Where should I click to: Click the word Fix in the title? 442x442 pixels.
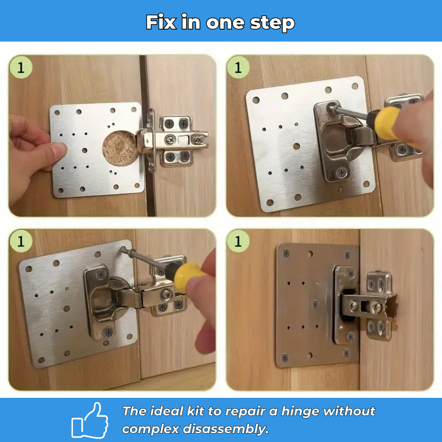click(x=161, y=22)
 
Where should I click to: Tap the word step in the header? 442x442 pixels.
click(x=272, y=23)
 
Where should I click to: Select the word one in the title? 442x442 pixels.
click(x=225, y=23)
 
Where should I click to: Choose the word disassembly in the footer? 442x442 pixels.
click(x=225, y=429)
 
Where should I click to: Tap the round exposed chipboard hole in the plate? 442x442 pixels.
click(x=120, y=148)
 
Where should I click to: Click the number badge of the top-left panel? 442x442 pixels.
click(x=21, y=67)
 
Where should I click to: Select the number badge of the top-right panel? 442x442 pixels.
click(x=238, y=67)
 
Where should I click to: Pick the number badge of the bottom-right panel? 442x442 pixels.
click(x=238, y=241)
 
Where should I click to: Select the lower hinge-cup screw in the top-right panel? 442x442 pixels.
click(x=342, y=172)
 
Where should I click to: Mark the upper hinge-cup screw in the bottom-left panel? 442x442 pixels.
click(x=101, y=274)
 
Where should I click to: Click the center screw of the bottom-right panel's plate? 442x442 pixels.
click(x=316, y=304)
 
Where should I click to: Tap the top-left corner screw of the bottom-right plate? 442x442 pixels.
click(x=286, y=253)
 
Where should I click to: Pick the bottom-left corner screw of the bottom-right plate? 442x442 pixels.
click(x=285, y=358)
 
